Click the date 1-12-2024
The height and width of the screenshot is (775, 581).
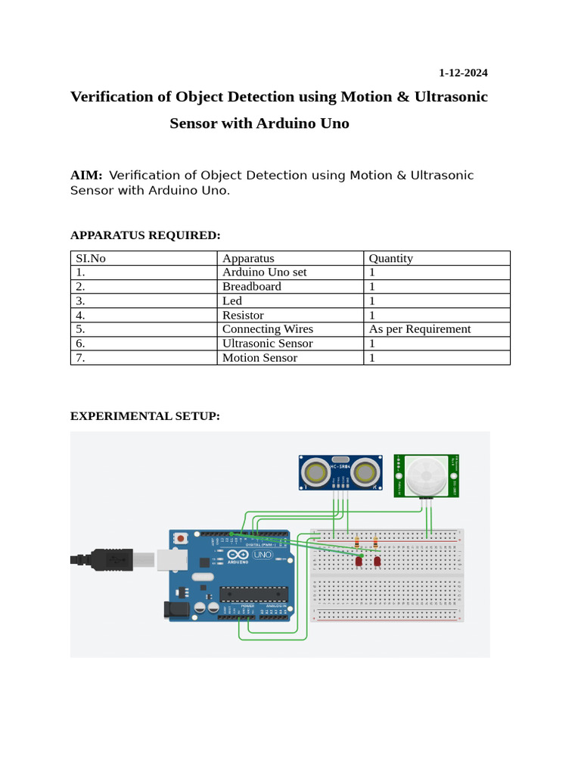click(463, 73)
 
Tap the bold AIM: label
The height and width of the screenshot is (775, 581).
click(86, 176)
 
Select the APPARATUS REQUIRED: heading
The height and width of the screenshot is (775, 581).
click(145, 235)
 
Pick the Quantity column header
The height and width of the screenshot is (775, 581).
click(391, 258)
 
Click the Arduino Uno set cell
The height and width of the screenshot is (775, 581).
click(265, 272)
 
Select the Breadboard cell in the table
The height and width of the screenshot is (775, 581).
click(252, 286)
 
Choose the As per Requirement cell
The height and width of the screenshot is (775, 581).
click(420, 329)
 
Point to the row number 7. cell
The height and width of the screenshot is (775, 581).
click(81, 358)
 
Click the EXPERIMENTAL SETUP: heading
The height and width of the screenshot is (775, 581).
click(145, 416)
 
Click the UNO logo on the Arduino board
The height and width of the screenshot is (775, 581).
click(262, 555)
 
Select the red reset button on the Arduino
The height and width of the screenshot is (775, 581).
click(181, 537)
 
